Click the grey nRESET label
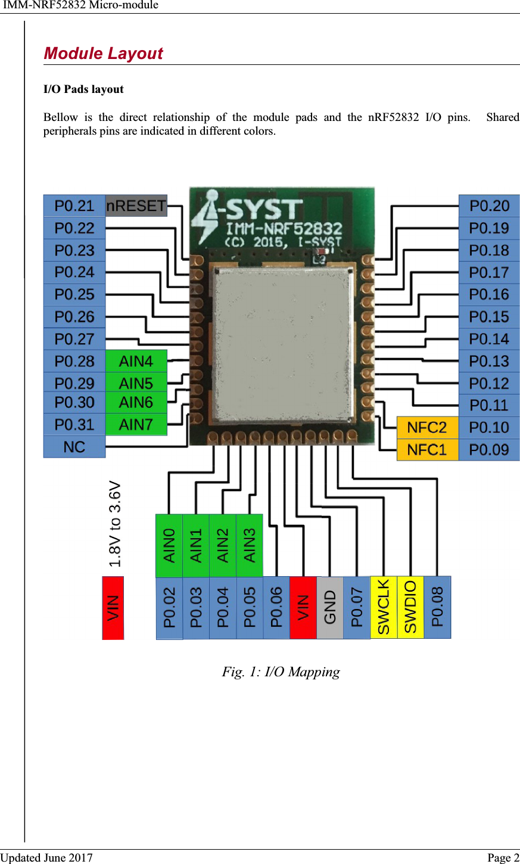coord(136,206)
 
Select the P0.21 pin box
coord(74,206)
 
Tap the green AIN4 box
coord(136,361)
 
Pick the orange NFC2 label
coord(428,427)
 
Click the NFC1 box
coord(428,450)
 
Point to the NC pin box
coord(74,447)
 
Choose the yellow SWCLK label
coord(384,607)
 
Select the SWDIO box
coord(410,607)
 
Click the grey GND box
coord(330,608)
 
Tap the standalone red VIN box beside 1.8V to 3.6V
coord(113,608)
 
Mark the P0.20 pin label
coord(489,206)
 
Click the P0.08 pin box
coord(437,607)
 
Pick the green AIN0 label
coord(169,545)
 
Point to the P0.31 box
coord(74,425)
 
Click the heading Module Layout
coord(103,53)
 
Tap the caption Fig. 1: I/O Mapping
coord(281,672)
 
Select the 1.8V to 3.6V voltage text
coord(115,523)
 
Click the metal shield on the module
coord(282,343)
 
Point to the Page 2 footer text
coord(503,857)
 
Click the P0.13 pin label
coord(489,361)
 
